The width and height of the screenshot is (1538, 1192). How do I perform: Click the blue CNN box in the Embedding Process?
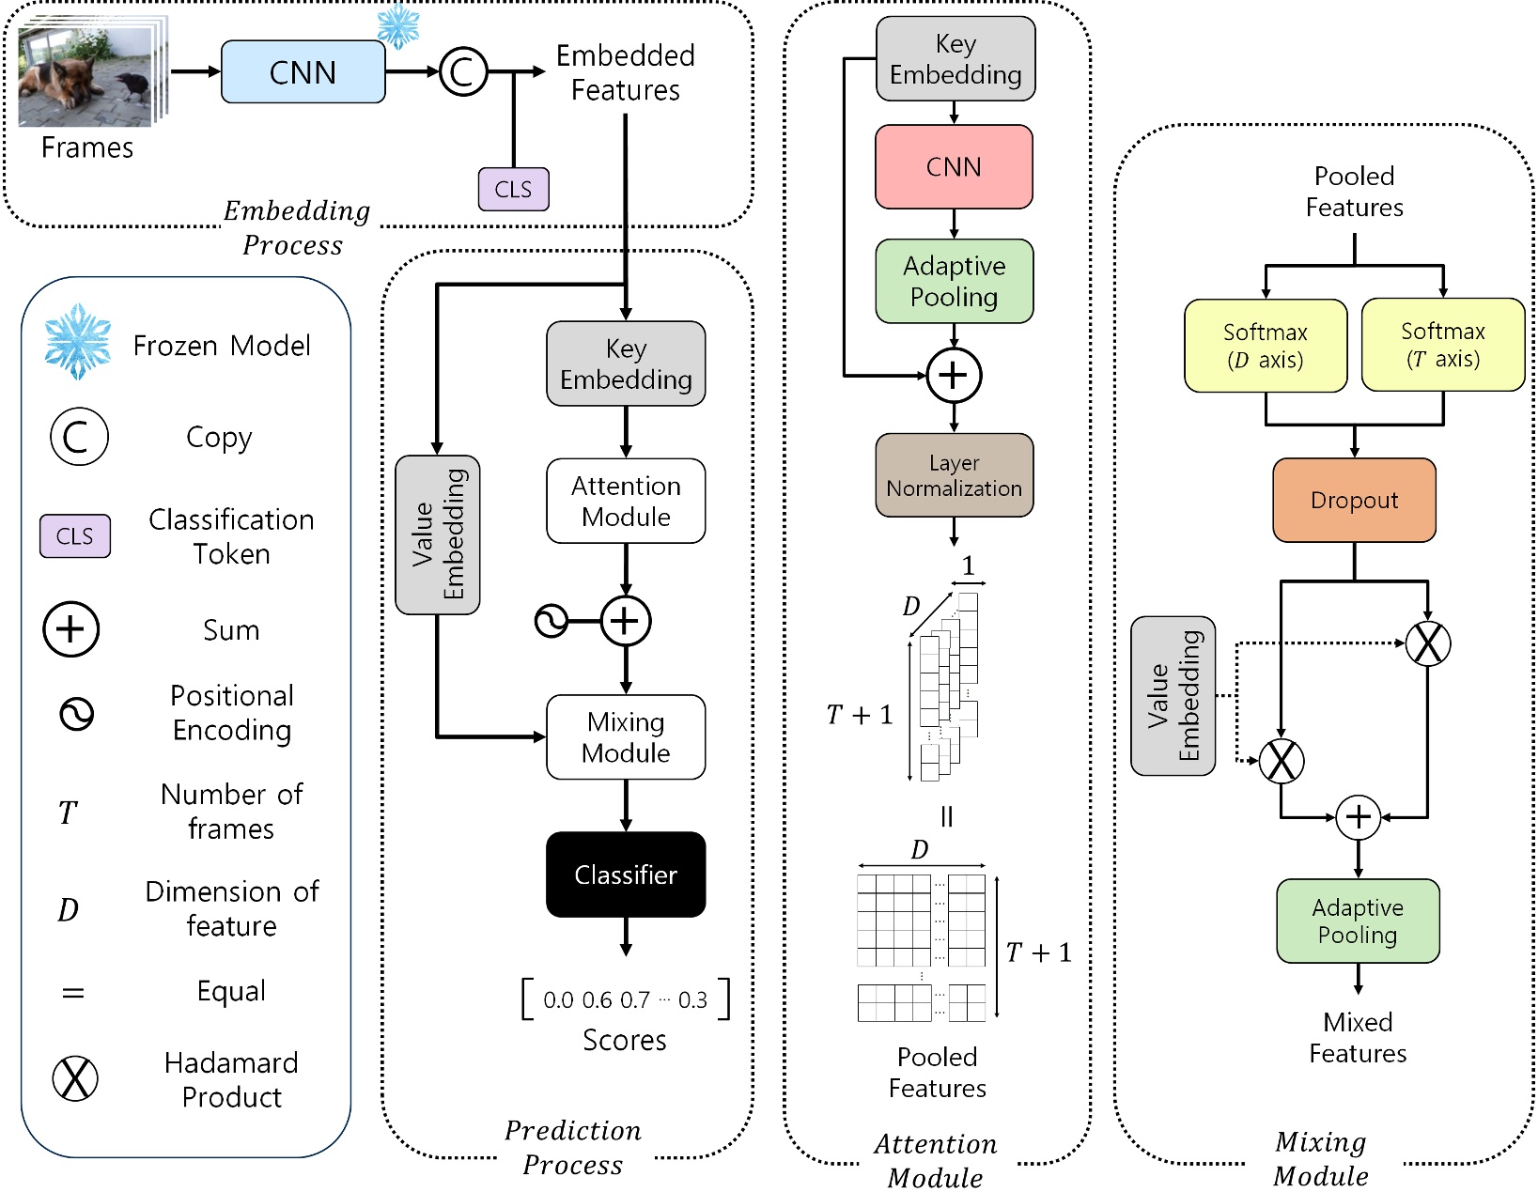click(303, 72)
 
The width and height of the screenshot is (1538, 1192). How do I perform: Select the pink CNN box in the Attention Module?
click(954, 167)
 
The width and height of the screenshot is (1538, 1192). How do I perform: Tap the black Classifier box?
click(626, 875)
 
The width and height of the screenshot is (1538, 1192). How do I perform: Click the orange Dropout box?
click(1354, 501)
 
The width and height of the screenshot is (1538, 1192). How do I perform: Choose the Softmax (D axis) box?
click(1266, 346)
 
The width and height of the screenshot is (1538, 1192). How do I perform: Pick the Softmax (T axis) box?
click(1442, 345)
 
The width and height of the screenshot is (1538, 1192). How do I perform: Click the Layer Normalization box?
click(954, 475)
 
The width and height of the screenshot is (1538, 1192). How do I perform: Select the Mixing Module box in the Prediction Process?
click(626, 737)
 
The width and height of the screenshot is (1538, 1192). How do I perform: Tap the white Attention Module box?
click(626, 501)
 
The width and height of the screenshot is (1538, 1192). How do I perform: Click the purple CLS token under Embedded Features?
click(513, 189)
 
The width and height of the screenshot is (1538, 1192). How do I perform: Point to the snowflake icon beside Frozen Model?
click(78, 342)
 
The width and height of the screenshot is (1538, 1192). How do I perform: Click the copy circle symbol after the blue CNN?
click(463, 72)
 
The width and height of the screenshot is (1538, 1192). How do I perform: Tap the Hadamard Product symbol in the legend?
click(75, 1078)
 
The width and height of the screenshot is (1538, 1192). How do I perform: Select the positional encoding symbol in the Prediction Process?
click(551, 621)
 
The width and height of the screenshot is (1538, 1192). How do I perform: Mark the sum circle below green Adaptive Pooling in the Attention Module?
click(954, 376)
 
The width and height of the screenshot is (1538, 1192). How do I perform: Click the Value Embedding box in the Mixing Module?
click(1173, 696)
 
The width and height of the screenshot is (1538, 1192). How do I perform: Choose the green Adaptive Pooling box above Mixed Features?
click(1358, 921)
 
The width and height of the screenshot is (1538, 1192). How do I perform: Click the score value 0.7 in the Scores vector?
click(634, 1000)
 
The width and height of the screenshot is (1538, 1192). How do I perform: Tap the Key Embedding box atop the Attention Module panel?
click(955, 59)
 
